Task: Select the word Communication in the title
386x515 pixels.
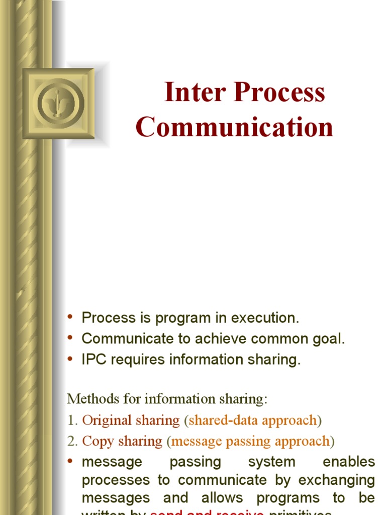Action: pos(234,127)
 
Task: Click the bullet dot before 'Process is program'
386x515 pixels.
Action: pos(70,317)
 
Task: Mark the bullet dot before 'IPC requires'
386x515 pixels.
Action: pos(70,359)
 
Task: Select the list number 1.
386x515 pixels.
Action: pos(71,420)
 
